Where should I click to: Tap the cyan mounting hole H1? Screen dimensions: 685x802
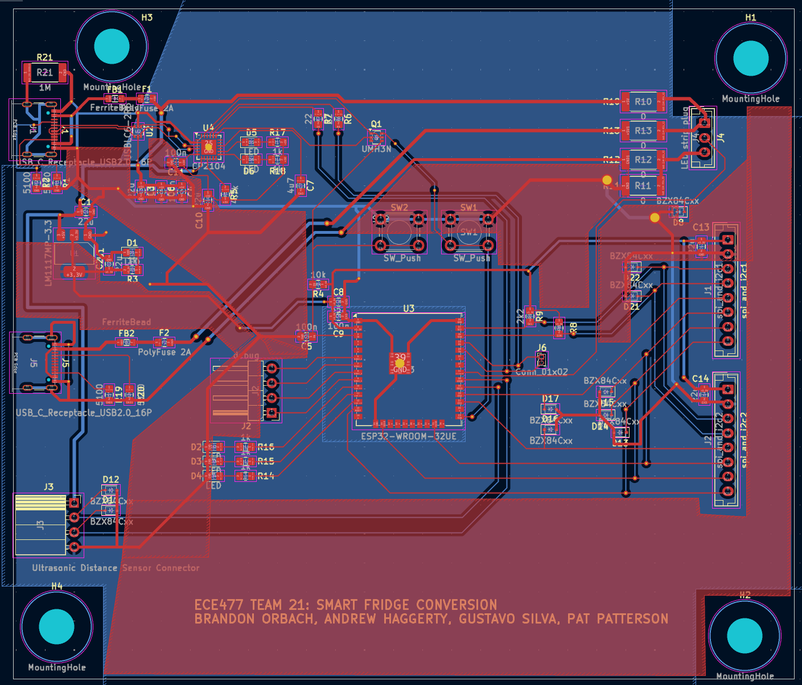(751, 58)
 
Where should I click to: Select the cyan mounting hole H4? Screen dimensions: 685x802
(56, 626)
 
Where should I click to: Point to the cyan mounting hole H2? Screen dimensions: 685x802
(745, 635)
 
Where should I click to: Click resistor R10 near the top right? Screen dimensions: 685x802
(643, 102)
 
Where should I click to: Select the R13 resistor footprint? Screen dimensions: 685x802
(643, 131)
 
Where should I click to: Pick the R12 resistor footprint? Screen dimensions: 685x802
(643, 160)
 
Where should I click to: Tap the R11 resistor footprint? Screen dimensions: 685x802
(643, 185)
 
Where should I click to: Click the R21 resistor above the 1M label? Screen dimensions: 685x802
(44, 72)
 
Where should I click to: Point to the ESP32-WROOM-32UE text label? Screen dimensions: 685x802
(409, 437)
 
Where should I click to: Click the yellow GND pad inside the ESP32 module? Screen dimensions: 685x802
(400, 363)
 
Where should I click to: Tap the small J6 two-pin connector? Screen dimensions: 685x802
(541, 360)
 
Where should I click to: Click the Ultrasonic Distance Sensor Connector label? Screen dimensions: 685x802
(116, 568)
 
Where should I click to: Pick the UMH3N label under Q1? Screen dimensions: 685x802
(376, 149)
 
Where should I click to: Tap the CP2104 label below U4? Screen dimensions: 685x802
(209, 166)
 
